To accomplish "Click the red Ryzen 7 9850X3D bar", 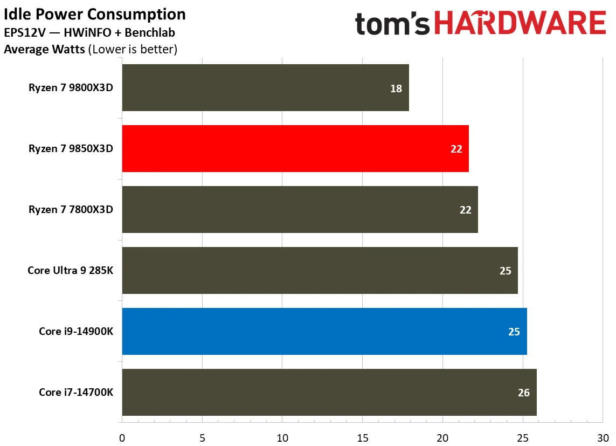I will point(295,148).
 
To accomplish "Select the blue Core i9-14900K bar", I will point(324,331).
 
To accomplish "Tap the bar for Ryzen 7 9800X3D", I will point(265,88).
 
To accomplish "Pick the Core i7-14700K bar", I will point(329,392).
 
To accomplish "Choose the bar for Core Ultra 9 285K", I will point(320,270).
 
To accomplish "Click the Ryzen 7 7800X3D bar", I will point(300,209).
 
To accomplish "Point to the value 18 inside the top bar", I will point(396,88).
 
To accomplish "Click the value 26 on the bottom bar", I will point(524,393).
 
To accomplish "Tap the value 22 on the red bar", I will point(456,149).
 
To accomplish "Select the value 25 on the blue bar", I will point(514,332).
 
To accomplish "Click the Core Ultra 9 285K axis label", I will point(71,270).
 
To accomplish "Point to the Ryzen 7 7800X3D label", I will point(71,209).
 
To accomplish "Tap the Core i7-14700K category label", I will point(76,392).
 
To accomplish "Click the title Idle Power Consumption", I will point(95,14).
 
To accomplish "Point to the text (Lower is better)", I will point(133,50).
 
